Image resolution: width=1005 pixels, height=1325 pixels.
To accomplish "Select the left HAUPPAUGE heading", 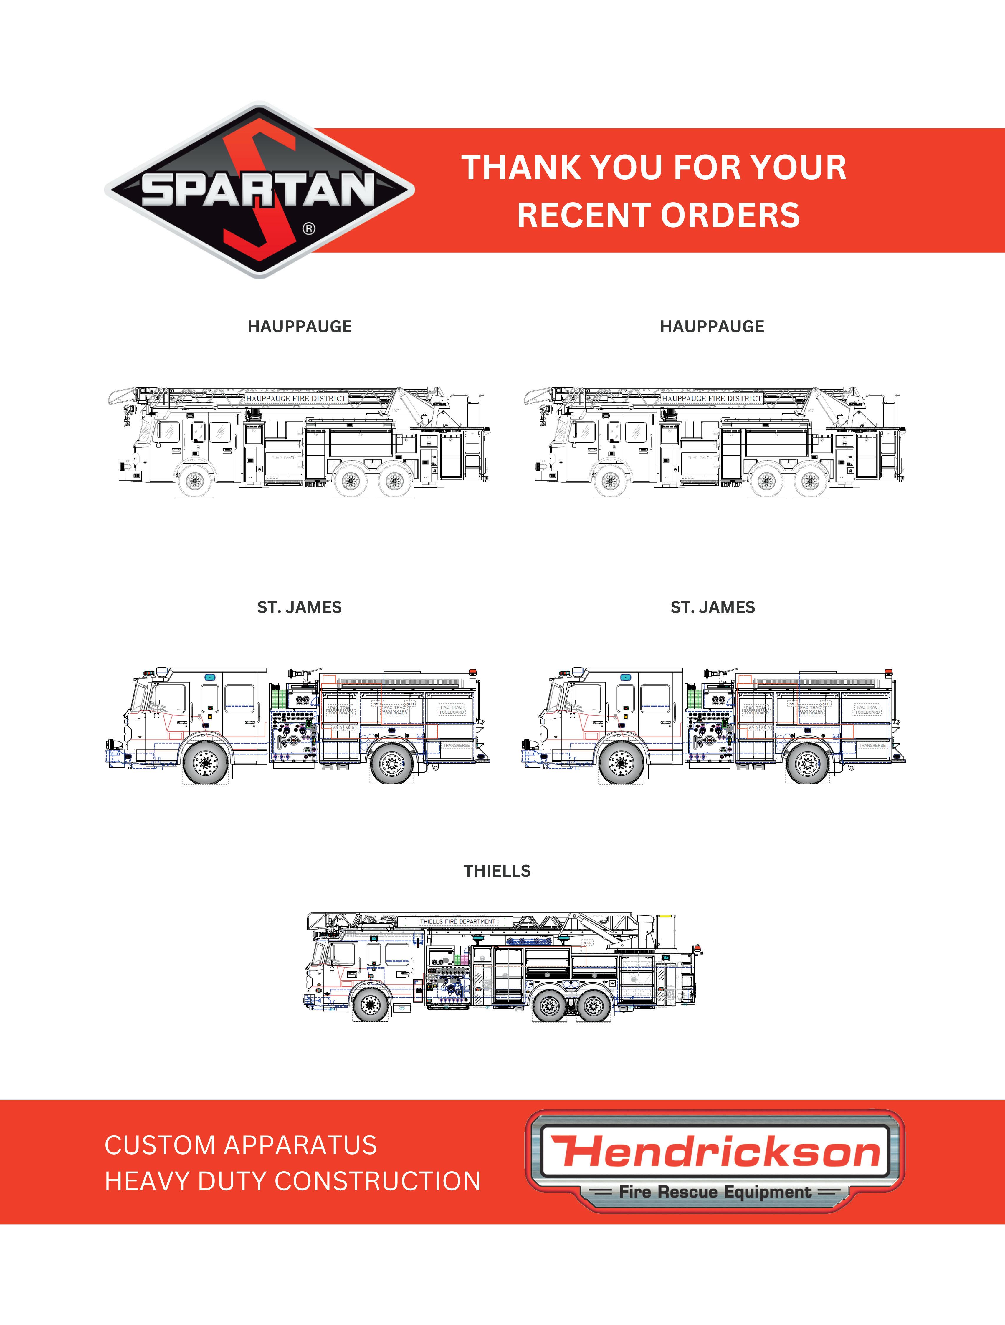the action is tap(300, 327).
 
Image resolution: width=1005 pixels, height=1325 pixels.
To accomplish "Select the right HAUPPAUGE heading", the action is tap(712, 327).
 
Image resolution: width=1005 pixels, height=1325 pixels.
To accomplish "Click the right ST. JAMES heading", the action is tap(713, 607).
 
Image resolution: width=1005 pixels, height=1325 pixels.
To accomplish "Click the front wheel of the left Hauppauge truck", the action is tap(194, 481).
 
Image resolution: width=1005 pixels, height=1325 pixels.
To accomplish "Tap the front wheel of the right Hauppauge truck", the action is tap(610, 481).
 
